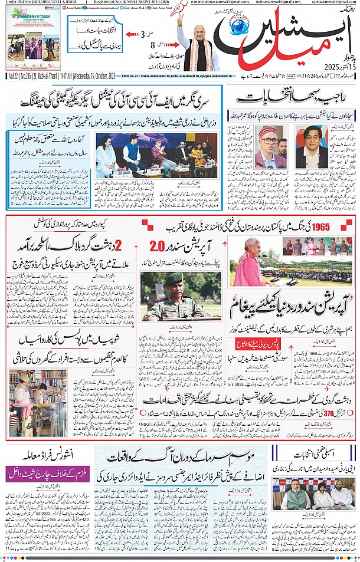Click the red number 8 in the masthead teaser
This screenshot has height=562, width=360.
[x=152, y=45]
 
